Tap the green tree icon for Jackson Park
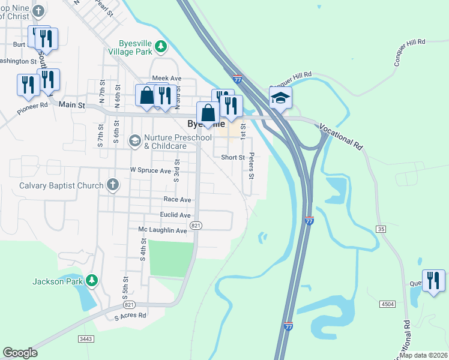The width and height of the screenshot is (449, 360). tap(91, 280)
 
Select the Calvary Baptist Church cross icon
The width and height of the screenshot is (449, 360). tap(112, 185)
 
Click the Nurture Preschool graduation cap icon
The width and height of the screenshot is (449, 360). tap(134, 141)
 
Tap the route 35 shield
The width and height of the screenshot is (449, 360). tap(381, 229)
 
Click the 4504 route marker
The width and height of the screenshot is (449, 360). tap(387, 305)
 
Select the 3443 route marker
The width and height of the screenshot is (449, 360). tap(86, 339)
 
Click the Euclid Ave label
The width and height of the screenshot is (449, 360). tap(175, 215)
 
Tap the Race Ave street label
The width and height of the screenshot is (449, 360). tap(177, 199)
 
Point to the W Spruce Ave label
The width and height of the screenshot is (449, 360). tap(151, 170)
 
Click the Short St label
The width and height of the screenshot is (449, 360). tap(233, 157)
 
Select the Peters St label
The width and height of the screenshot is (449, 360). tap(252, 166)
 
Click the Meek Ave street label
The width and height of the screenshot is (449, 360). tap(166, 79)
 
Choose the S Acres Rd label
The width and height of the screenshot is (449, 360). tap(130, 315)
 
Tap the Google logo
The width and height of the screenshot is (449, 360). tap(20, 353)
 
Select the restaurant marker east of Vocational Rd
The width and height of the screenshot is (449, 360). tap(433, 280)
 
